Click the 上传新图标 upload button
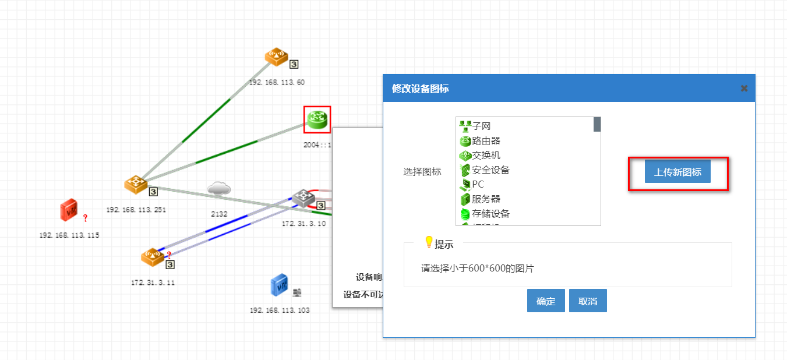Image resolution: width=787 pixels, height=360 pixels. click(x=677, y=172)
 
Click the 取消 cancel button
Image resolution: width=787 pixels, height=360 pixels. click(x=588, y=301)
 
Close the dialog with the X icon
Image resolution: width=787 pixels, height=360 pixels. click(x=744, y=89)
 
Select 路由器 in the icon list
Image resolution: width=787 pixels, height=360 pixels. click(x=486, y=140)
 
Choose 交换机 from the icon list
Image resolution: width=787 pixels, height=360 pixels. click(x=486, y=155)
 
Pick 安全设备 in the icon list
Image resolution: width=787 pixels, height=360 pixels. click(x=490, y=170)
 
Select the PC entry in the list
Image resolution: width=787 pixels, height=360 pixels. click(x=478, y=184)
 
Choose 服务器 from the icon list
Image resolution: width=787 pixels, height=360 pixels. click(x=486, y=199)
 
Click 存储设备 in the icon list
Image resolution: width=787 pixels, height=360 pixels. click(x=490, y=213)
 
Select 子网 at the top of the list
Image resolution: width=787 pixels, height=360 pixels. click(x=481, y=126)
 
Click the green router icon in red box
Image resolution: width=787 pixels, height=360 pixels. click(x=317, y=119)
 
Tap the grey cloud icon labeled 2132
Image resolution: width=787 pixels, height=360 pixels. click(x=219, y=189)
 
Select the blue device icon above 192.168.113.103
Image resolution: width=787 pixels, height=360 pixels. click(x=280, y=286)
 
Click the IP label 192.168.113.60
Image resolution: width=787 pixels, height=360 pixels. click(x=277, y=83)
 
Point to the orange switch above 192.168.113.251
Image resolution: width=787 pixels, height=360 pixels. click(x=136, y=185)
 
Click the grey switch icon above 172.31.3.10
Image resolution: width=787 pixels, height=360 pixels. click(x=303, y=197)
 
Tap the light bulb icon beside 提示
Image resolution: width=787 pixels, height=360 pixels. click(x=429, y=241)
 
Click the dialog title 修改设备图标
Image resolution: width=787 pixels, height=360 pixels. click(x=421, y=89)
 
